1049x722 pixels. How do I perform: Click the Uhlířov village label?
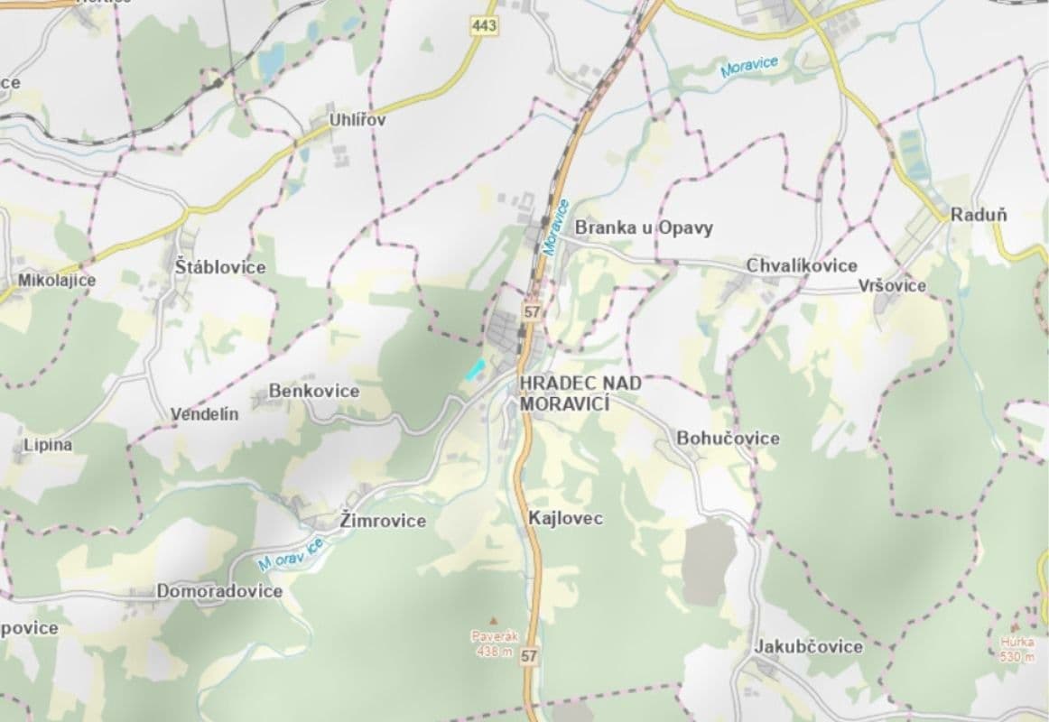(x=356, y=120)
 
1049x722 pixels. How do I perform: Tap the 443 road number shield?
(x=485, y=28)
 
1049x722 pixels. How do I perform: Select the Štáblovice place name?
(x=221, y=267)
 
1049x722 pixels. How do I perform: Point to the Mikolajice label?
(x=57, y=281)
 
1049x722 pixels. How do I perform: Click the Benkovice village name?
(x=314, y=392)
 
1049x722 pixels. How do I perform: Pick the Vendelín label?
(x=205, y=414)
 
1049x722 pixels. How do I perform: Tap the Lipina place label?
(x=48, y=445)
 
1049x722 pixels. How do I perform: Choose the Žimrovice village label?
(x=384, y=521)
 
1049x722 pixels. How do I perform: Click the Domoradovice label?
(x=219, y=591)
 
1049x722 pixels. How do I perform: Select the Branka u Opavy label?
(x=644, y=227)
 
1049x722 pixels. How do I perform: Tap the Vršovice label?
(x=892, y=286)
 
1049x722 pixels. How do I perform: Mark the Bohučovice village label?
(x=729, y=438)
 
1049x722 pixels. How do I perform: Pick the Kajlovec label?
(x=566, y=519)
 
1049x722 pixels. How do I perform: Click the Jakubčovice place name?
(x=808, y=646)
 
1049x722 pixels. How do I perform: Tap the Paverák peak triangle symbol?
(x=492, y=621)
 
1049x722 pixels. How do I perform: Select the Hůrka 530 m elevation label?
(x=1017, y=650)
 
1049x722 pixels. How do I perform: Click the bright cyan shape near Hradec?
(x=475, y=368)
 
